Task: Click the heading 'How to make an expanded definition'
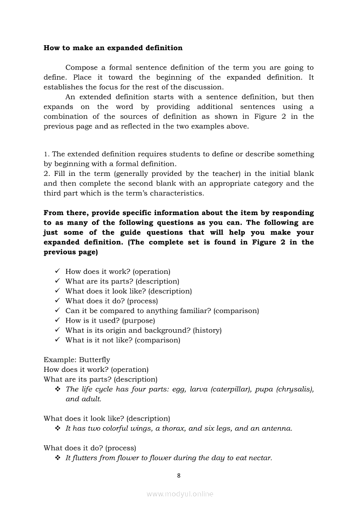click(113, 48)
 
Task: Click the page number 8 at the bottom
click(179, 475)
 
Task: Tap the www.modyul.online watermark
click(180, 494)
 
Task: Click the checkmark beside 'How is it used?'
click(57, 320)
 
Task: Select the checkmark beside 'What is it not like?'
click(57, 340)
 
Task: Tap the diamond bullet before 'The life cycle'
click(57, 389)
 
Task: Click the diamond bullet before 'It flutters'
click(57, 458)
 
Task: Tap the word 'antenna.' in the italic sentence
click(277, 428)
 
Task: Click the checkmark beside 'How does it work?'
click(57, 272)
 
